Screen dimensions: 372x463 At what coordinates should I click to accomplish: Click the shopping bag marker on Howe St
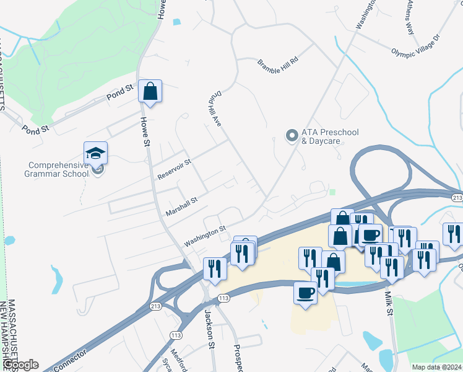(x=150, y=92)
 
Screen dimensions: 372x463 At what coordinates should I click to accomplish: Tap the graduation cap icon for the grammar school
(x=96, y=153)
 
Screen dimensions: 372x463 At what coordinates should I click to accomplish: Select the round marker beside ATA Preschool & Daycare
(x=291, y=135)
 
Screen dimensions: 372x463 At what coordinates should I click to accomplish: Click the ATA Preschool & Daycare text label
(x=321, y=136)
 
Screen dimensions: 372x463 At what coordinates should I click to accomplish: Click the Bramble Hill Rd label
(x=278, y=63)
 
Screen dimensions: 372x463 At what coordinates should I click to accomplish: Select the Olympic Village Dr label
(x=415, y=45)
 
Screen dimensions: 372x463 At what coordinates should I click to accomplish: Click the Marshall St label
(x=181, y=206)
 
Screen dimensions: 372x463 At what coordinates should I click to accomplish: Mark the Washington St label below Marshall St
(x=204, y=236)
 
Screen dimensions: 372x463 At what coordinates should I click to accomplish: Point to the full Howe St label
(x=145, y=131)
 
